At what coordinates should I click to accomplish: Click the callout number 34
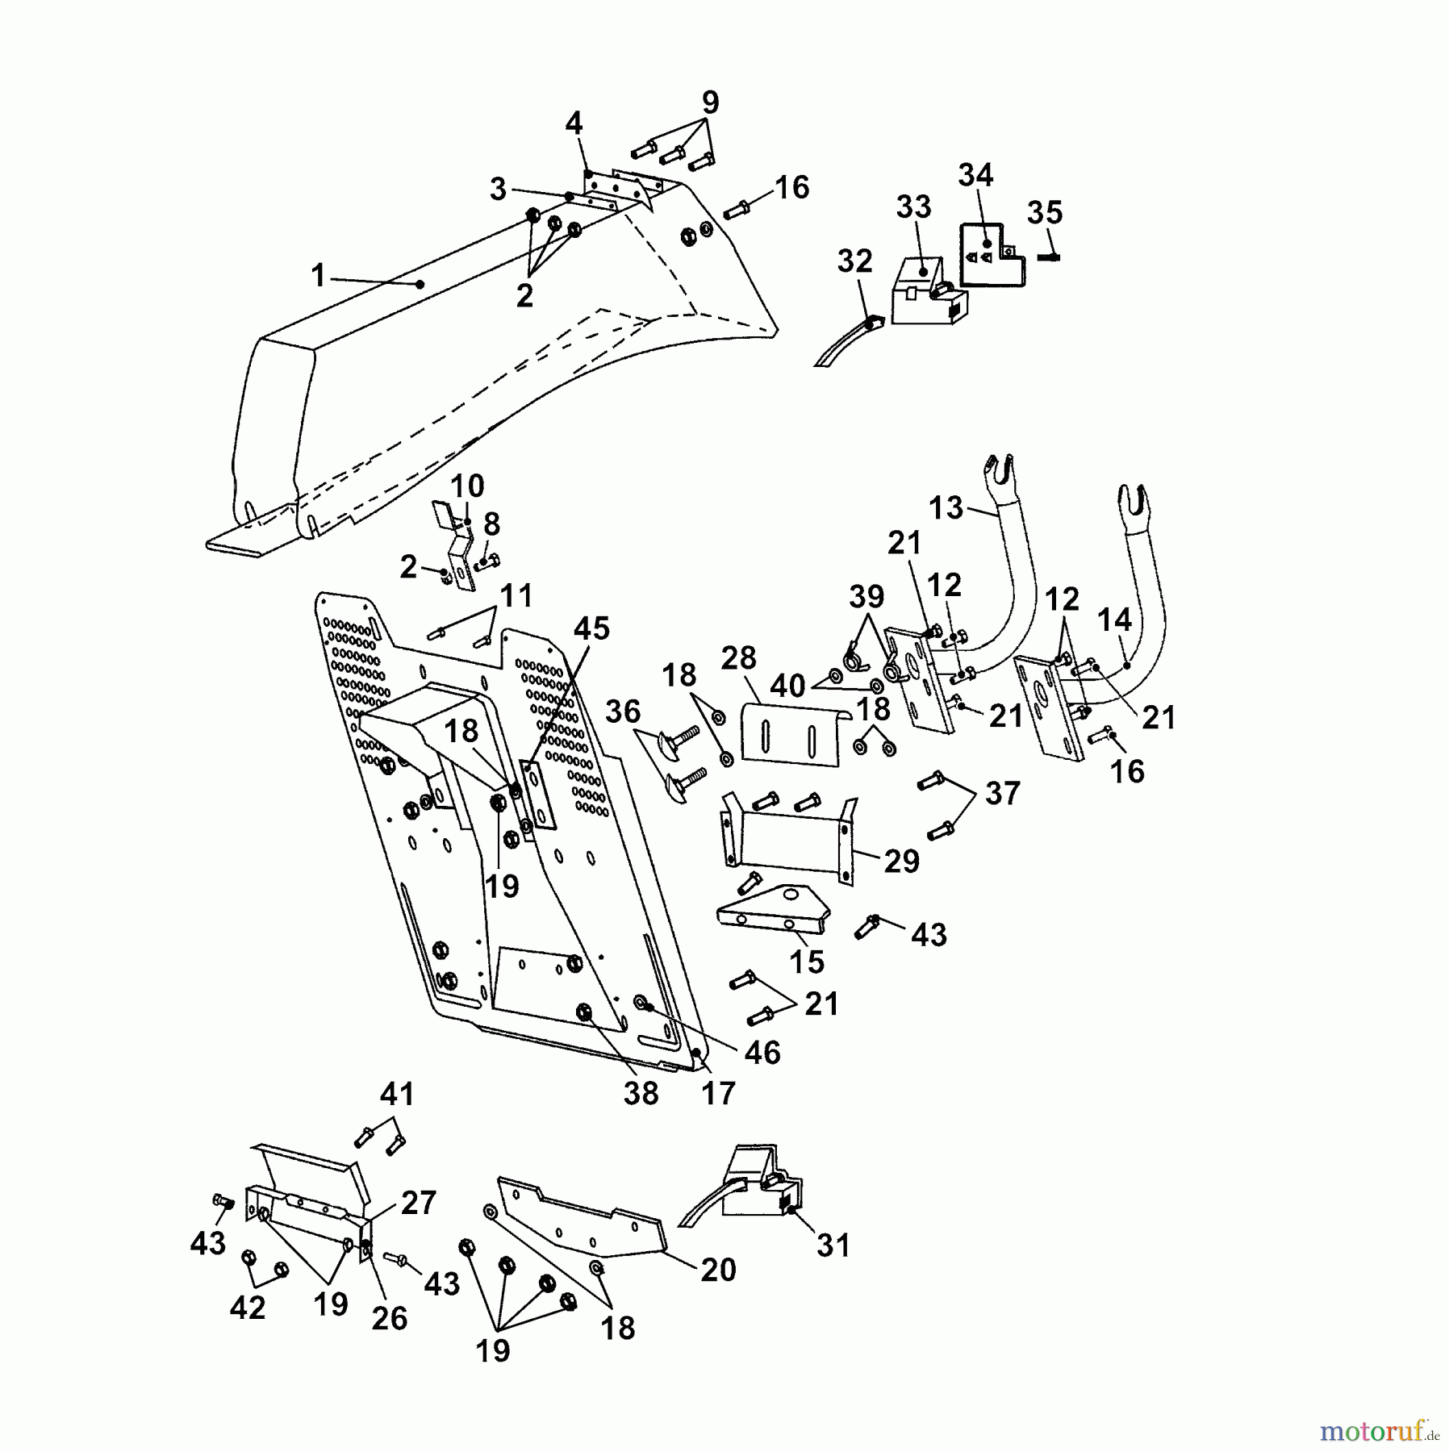pyautogui.click(x=975, y=175)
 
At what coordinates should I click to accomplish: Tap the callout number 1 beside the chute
pyautogui.click(x=319, y=276)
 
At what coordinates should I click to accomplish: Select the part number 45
pyautogui.click(x=591, y=628)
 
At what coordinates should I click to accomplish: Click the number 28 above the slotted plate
pyautogui.click(x=738, y=658)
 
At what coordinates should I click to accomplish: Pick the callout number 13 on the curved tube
pyautogui.click(x=946, y=508)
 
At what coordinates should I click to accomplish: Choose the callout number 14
pyautogui.click(x=1114, y=620)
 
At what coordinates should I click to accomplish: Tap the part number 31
pyautogui.click(x=833, y=1245)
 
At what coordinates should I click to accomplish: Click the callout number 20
pyautogui.click(x=718, y=1270)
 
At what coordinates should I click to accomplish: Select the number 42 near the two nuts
pyautogui.click(x=247, y=1308)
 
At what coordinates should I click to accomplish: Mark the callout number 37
pyautogui.click(x=1003, y=793)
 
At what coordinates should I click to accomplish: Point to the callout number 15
pyautogui.click(x=807, y=962)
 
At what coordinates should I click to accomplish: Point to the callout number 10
pyautogui.click(x=467, y=486)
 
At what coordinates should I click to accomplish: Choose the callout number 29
pyautogui.click(x=902, y=862)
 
